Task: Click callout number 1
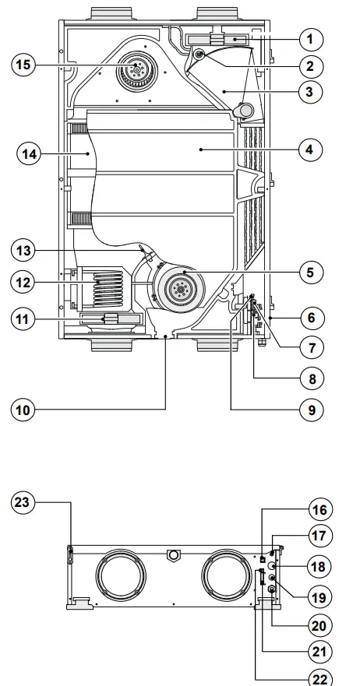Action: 309,38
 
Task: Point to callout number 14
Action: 28,154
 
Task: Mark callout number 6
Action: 310,318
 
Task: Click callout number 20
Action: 317,624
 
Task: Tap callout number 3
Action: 309,91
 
